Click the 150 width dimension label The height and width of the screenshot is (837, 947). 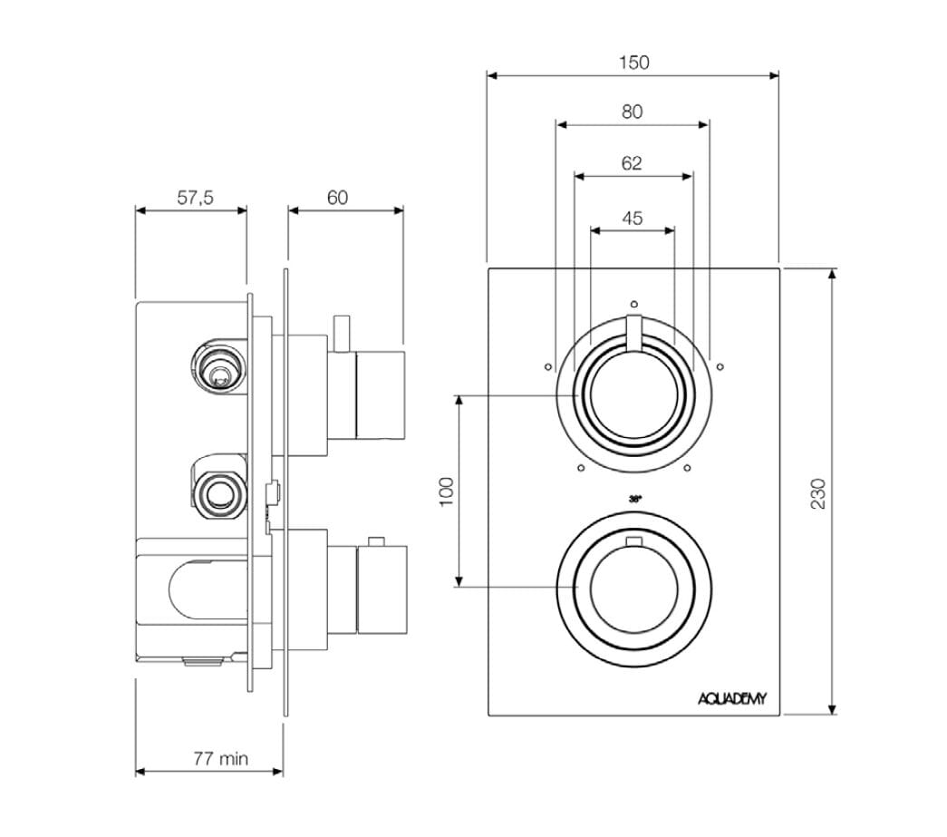click(x=633, y=63)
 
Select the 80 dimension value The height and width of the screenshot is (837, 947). click(x=633, y=112)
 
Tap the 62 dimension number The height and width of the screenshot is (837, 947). click(x=633, y=163)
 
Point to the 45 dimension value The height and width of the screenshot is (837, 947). click(x=633, y=218)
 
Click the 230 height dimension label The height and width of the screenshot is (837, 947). click(x=817, y=492)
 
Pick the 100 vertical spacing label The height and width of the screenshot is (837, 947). click(x=445, y=491)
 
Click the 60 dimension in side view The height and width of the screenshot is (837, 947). click(x=337, y=198)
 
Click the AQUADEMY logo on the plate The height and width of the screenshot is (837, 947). click(x=732, y=697)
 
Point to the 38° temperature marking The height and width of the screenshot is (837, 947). click(x=633, y=499)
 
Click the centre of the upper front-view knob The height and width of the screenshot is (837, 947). click(x=633, y=395)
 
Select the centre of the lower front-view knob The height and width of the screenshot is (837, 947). click(x=633, y=588)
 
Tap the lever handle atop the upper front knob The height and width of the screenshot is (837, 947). click(x=633, y=330)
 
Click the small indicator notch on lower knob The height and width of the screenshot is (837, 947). click(x=634, y=543)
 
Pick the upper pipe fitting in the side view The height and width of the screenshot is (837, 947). click(x=217, y=367)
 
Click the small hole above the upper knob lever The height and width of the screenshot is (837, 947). click(x=633, y=304)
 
